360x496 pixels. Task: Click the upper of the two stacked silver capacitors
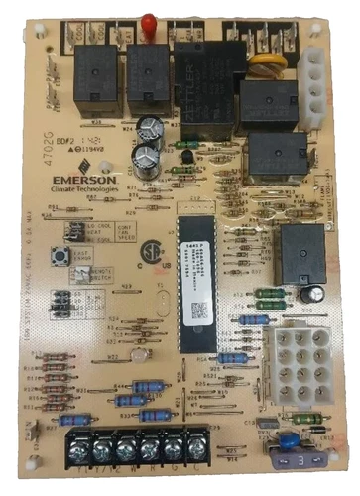153,129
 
